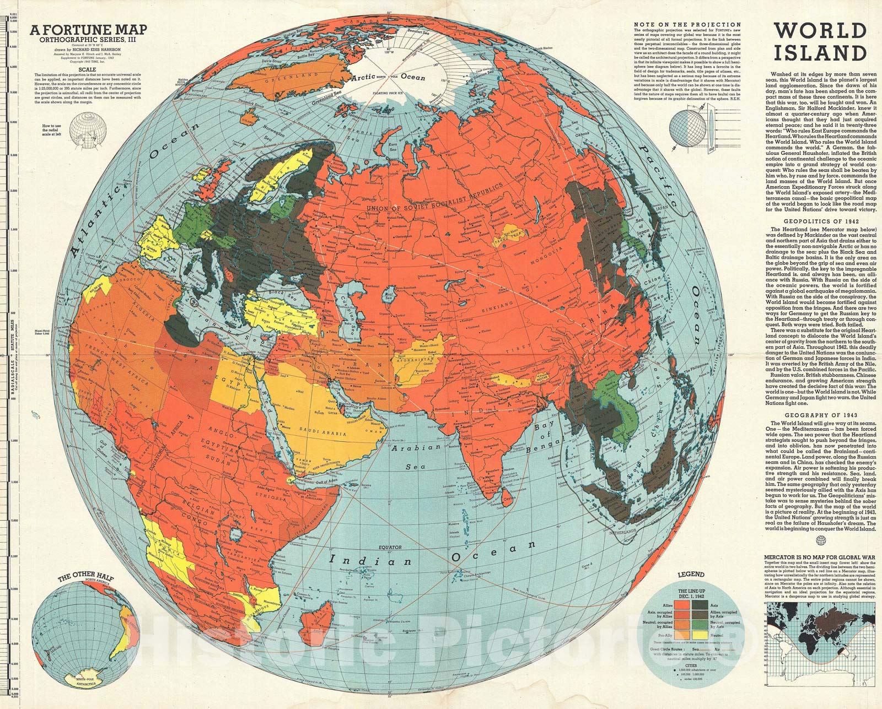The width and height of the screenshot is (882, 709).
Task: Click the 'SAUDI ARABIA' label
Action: [x=323, y=434]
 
